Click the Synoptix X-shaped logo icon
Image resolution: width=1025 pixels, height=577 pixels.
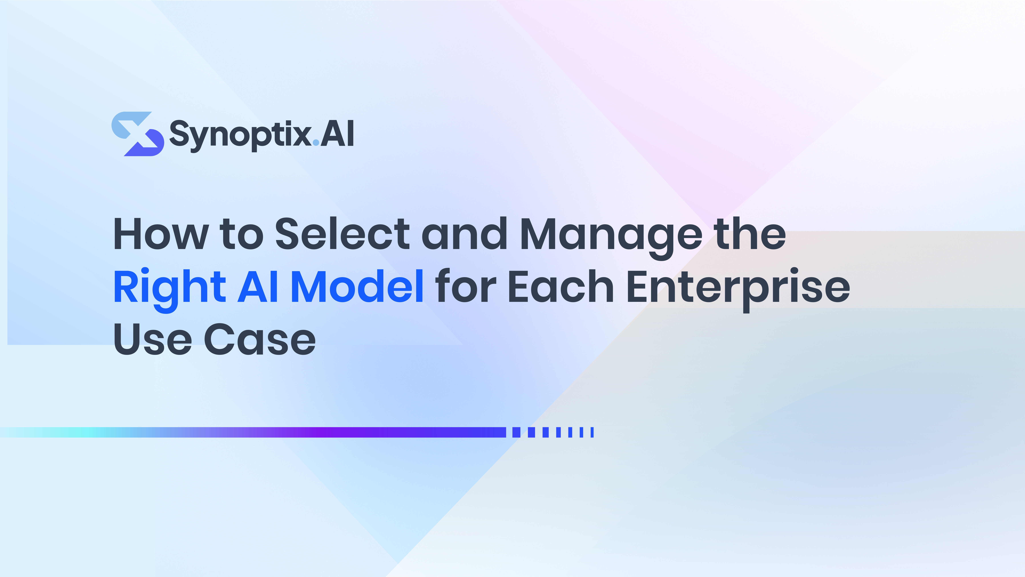[x=138, y=134]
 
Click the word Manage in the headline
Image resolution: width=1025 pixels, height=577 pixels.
[x=611, y=238]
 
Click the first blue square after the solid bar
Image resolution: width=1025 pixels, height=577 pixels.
[x=516, y=433]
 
